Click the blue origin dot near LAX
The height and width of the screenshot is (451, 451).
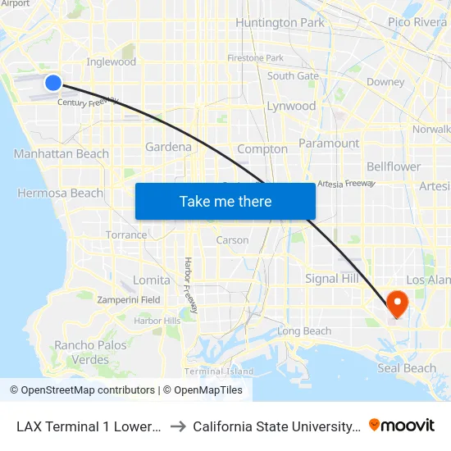(x=53, y=82)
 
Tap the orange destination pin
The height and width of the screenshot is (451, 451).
(x=397, y=303)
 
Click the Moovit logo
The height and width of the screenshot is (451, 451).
(x=402, y=425)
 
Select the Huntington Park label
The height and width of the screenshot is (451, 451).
(x=280, y=23)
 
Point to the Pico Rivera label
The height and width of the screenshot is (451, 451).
(x=417, y=22)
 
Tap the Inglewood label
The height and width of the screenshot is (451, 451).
(x=111, y=61)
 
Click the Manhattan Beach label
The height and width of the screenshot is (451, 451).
(x=61, y=154)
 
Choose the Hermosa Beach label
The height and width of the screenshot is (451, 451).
(x=61, y=194)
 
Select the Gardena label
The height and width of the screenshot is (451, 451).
(x=168, y=148)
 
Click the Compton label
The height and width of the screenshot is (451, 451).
(x=262, y=149)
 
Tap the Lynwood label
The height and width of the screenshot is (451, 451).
(x=291, y=106)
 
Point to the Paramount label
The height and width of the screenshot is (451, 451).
(x=329, y=143)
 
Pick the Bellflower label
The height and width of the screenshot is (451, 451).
(x=394, y=166)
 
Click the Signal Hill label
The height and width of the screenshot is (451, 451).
(x=332, y=279)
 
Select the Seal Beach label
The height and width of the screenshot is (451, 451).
(x=407, y=368)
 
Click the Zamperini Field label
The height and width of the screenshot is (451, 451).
(x=129, y=300)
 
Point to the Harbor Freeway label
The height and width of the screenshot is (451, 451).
(x=190, y=285)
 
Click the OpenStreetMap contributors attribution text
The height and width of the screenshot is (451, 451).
(x=88, y=390)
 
